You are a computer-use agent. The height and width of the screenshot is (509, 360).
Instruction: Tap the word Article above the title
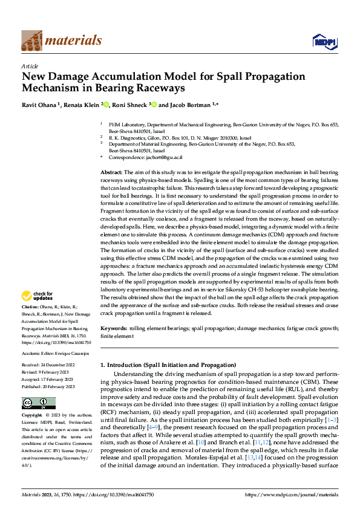point(30,66)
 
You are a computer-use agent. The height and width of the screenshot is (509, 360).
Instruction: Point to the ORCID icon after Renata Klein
point(106,104)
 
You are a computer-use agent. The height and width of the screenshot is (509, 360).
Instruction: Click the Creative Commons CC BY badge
point(38,403)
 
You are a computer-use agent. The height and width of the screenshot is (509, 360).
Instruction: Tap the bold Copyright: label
point(33,416)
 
